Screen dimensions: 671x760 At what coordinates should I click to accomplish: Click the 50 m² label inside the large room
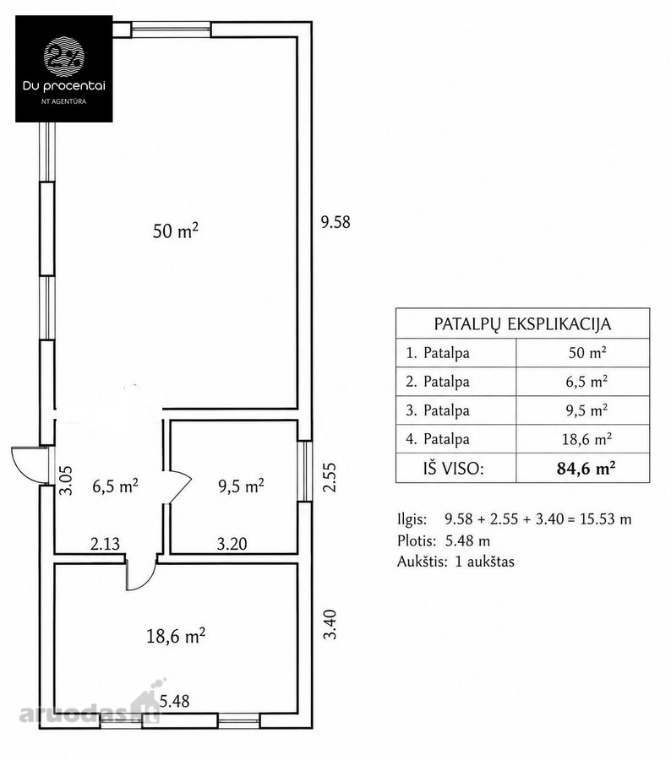click(x=176, y=231)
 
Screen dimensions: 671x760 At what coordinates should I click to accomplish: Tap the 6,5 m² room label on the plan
click(x=116, y=486)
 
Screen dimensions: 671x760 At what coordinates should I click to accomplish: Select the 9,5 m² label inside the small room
click(x=241, y=486)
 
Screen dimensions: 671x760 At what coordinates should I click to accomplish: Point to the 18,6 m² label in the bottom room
click(x=176, y=635)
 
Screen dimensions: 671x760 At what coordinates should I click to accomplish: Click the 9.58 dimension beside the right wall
click(x=335, y=222)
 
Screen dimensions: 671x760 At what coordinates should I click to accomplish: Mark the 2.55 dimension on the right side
click(x=330, y=477)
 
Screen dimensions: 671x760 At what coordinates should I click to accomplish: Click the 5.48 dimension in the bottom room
click(x=175, y=701)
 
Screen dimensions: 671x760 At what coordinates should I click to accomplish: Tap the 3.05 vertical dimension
click(x=66, y=480)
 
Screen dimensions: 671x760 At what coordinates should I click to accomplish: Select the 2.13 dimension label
click(x=105, y=544)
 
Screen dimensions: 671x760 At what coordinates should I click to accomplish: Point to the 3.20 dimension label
click(x=232, y=544)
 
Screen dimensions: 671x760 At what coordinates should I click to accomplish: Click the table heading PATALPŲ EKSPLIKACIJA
click(x=522, y=323)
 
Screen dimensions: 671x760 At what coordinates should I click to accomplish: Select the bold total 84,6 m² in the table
click(x=586, y=468)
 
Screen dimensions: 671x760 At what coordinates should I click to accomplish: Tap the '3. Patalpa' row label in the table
click(x=438, y=410)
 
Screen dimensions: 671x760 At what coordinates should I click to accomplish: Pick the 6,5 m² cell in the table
click(x=586, y=382)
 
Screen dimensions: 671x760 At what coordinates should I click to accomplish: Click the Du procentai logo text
click(x=64, y=86)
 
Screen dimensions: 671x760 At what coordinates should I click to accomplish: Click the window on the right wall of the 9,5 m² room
click(x=305, y=470)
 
